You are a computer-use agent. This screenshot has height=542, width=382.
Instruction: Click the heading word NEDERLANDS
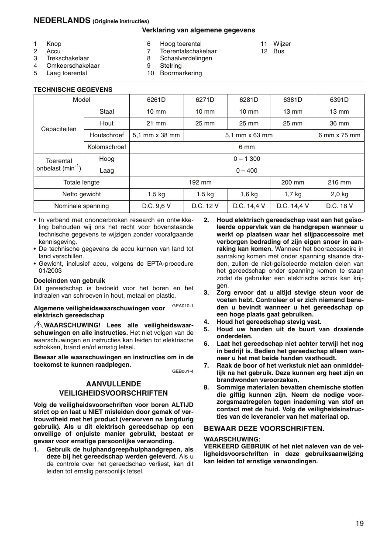pos(62,21)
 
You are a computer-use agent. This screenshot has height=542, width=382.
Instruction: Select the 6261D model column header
pos(156,100)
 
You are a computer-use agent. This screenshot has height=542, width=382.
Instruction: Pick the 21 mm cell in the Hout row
pos(156,124)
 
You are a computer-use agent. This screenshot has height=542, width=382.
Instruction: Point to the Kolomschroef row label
pos(107,147)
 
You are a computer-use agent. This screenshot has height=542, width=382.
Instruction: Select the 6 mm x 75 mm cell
pos(339,135)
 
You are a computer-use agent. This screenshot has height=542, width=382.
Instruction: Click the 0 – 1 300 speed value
pos(248,159)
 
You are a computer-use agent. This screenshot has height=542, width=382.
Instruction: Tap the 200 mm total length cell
pos(293,183)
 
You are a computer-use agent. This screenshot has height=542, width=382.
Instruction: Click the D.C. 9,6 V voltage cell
pos(156,206)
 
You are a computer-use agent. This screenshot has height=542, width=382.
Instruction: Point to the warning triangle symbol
pos(38,325)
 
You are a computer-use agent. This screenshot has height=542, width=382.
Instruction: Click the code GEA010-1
pos(182,306)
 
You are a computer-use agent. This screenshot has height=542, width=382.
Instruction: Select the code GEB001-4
pos(182,372)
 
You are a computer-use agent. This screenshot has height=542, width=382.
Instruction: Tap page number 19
pos(359,524)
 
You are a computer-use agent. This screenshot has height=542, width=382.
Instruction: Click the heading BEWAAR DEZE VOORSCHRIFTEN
pos(264,428)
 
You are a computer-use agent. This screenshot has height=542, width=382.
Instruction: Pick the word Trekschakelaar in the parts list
pos(68,59)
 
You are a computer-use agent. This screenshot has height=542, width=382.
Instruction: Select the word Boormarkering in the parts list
pos(181,73)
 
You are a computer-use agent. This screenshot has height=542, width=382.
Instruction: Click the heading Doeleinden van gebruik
pos(69,281)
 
